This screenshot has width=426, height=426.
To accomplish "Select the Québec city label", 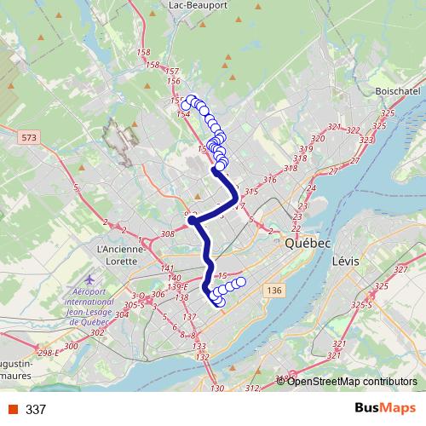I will (x=308, y=243).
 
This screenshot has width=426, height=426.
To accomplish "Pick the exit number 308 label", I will (x=167, y=233).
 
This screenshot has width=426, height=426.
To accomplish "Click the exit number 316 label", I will (x=271, y=180).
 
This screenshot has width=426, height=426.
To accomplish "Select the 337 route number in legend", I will (x=36, y=410).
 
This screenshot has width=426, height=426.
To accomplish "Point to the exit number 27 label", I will (x=332, y=171).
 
